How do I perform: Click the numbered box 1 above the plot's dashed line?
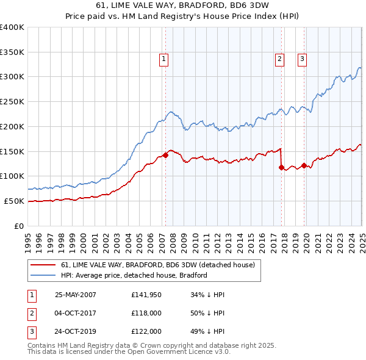tap(165, 59)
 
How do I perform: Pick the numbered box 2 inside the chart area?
tap(279, 59)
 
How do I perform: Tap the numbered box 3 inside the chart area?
tap(302, 59)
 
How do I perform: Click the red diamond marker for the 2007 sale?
tap(165, 156)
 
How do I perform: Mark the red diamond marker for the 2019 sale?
tap(304, 165)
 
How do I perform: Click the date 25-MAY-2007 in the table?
tap(76, 295)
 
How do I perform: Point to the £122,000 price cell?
tap(146, 333)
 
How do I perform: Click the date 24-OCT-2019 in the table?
tap(76, 333)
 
